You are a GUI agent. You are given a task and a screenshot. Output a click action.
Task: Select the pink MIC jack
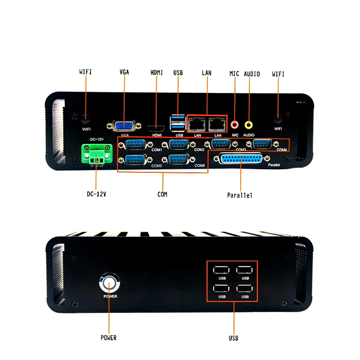(234, 124)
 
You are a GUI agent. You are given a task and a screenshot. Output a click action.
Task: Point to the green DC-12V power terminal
(95, 154)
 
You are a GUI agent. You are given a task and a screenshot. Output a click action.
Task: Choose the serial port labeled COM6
(178, 159)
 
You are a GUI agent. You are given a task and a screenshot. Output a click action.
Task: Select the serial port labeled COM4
(262, 144)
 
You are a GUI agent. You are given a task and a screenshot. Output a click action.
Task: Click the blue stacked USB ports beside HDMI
(177, 123)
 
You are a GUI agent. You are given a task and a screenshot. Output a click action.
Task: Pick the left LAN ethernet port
(197, 122)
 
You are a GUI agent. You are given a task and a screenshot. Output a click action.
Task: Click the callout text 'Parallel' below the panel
(240, 196)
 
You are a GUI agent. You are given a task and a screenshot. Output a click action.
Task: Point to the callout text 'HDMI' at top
(157, 72)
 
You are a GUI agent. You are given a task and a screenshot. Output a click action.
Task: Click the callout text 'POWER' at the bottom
(108, 338)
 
